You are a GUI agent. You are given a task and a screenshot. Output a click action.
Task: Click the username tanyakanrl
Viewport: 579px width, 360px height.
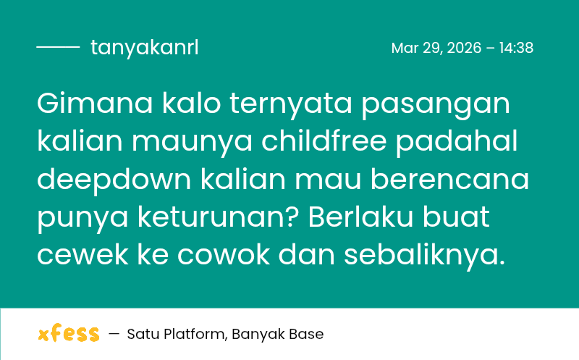point(144,48)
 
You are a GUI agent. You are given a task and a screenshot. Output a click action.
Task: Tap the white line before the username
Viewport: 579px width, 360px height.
point(58,48)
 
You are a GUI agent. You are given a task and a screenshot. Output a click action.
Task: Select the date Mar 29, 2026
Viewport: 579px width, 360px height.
point(436,48)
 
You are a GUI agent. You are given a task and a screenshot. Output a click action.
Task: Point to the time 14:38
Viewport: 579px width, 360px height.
point(516,48)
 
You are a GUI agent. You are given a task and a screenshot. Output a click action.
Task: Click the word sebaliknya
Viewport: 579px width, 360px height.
point(424,256)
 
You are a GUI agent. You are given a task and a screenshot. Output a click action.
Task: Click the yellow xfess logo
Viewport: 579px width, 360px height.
point(68,334)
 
